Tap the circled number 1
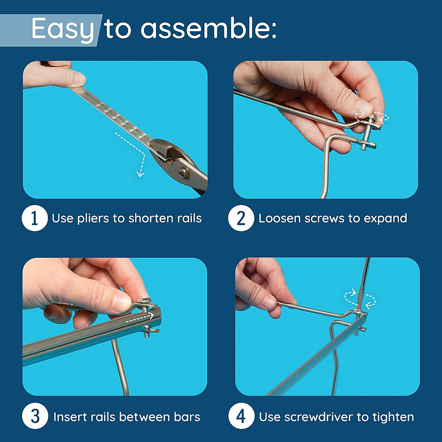(35, 218)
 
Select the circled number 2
(241, 218)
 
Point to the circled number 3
(35, 416)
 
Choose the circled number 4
(241, 416)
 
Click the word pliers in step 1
(93, 219)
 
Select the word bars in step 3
(187, 417)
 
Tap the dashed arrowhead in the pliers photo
(140, 173)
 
